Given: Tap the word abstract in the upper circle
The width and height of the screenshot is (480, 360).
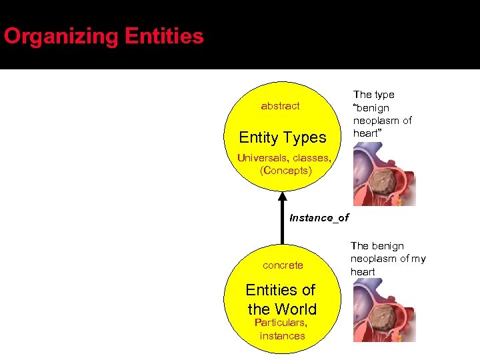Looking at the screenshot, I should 280,106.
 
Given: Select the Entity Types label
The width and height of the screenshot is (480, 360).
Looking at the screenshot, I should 283,137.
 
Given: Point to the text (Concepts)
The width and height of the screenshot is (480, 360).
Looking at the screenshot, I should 285,170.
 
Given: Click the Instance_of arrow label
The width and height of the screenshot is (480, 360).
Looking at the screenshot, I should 319,218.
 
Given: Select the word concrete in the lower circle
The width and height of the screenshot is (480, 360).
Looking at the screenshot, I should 283,265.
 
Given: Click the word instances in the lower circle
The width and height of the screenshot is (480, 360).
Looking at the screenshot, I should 282,335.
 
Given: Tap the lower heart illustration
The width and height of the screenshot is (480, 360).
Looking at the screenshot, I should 383,310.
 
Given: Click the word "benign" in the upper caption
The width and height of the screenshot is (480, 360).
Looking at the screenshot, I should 372,107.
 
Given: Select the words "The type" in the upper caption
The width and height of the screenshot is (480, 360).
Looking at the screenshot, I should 373,95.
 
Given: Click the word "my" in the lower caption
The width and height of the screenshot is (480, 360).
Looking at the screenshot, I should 418,259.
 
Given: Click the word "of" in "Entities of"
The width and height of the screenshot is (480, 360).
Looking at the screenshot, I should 309,290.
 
